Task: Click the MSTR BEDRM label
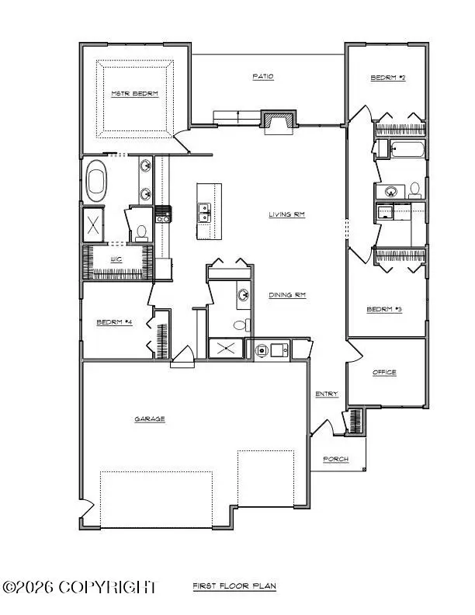pos(135,94)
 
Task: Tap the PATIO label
pos(263,76)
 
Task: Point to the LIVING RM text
pos(286,215)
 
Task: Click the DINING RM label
pos(286,295)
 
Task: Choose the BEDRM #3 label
pos(384,310)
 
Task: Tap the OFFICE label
pos(384,373)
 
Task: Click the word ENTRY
pos(327,394)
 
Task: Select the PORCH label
pos(336,460)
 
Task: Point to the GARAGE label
pos(150,419)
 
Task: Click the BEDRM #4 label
pos(113,322)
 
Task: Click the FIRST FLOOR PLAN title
pos(234,586)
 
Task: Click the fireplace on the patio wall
pos(278,121)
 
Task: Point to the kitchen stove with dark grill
pos(164,214)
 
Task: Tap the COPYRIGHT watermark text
pos(79,587)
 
